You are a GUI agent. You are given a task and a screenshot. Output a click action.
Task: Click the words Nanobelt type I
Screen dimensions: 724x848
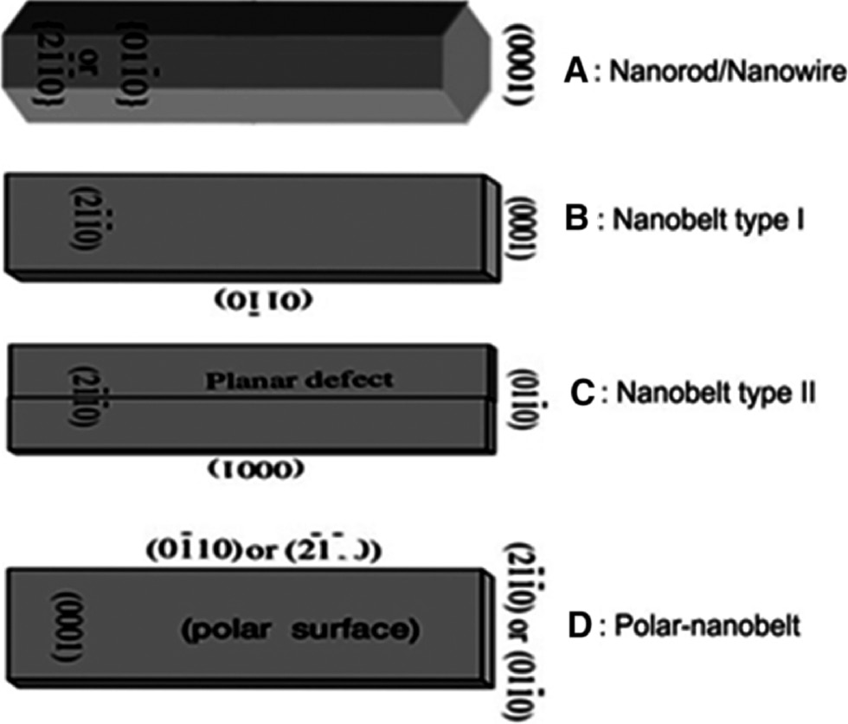pos(709,221)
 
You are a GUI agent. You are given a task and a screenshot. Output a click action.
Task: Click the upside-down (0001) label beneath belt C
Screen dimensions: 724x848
pos(257,469)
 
